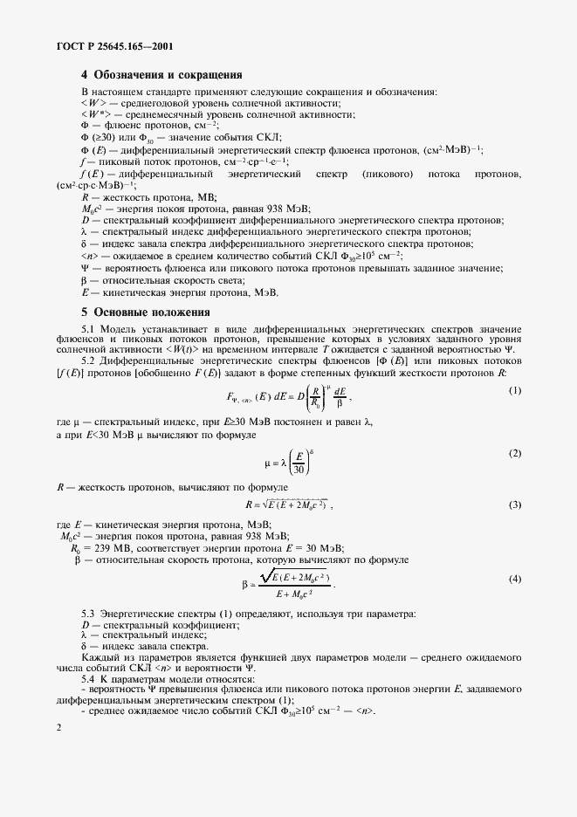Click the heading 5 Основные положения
tap(145, 312)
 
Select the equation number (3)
tap(515, 505)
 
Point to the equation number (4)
tap(515, 580)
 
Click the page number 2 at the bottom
tap(58, 727)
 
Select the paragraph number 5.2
tap(88, 360)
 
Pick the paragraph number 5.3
tap(88, 615)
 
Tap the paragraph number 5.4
tap(88, 678)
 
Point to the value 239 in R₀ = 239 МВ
tap(100, 546)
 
